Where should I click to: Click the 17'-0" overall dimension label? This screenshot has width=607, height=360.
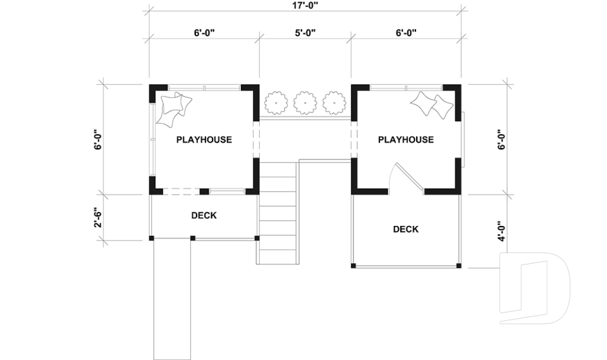tap(305, 5)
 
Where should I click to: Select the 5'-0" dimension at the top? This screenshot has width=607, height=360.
tap(305, 32)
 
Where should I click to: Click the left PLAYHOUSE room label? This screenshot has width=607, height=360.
tap(204, 140)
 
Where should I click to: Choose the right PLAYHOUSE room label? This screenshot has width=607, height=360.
tap(405, 140)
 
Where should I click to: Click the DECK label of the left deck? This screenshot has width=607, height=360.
tap(204, 216)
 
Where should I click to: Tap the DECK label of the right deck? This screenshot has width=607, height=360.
tap(405, 229)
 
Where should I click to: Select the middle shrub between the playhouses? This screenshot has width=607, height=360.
tap(305, 101)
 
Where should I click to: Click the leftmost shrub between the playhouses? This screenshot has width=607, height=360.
tap(276, 101)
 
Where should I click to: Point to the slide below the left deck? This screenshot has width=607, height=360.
tap(173, 297)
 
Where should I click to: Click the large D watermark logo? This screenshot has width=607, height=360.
tap(534, 288)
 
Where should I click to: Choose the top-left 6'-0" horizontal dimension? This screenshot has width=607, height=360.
tap(204, 32)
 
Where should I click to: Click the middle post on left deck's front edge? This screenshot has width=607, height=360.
tap(193, 239)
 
